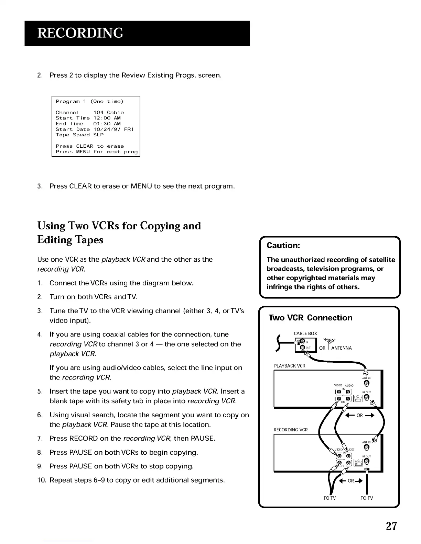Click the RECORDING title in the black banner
[x=80, y=33]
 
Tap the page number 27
[x=391, y=526]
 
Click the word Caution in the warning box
[x=283, y=245]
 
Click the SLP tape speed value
[x=98, y=135]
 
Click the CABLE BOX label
[x=305, y=333]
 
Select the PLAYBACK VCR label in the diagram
[x=289, y=366]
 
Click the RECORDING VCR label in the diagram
[x=290, y=430]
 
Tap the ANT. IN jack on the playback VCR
[x=367, y=383]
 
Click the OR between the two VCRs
[x=359, y=416]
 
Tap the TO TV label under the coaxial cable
[x=366, y=498]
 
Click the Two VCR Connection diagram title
[x=310, y=318]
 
